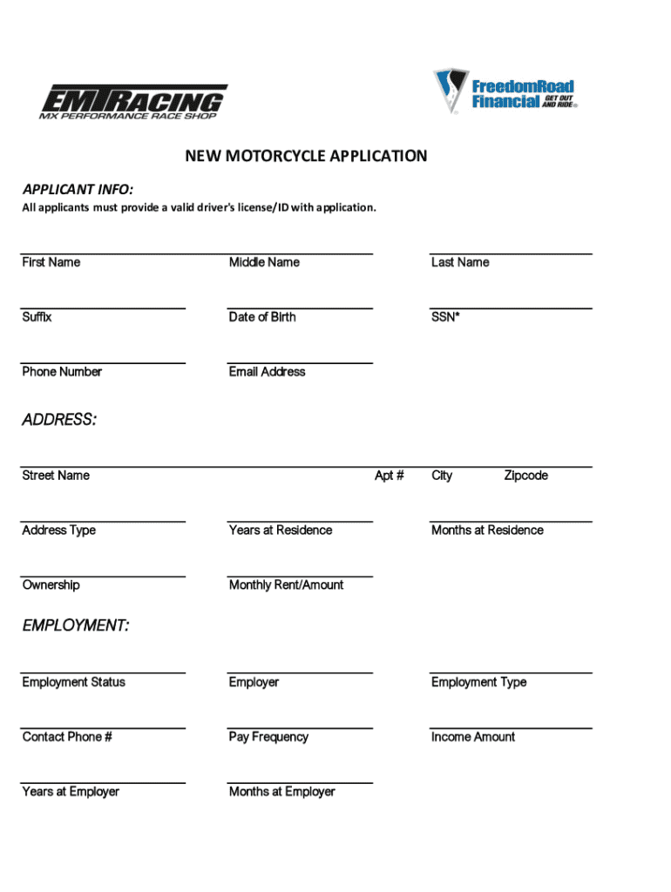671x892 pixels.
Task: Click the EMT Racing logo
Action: [x=133, y=101]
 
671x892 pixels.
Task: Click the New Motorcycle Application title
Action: [x=305, y=156]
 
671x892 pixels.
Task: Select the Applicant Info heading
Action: [x=78, y=189]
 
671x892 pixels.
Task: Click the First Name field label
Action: [x=51, y=262]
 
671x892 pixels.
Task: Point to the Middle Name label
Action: [x=264, y=262]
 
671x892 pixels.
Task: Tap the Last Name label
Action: [x=460, y=262]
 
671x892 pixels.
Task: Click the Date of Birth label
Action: [x=262, y=317]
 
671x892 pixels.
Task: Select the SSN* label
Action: [x=445, y=317]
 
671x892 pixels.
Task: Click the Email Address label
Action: [x=267, y=372]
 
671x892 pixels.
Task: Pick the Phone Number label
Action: [x=62, y=372]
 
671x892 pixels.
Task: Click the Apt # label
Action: [x=389, y=476]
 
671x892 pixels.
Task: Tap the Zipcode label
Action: [x=526, y=476]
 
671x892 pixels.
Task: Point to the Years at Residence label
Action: [x=281, y=530]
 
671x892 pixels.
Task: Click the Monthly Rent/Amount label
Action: [x=286, y=585]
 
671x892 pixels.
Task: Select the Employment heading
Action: [x=76, y=626]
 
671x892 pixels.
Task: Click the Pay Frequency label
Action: [x=268, y=737]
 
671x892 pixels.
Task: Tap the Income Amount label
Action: [x=473, y=737]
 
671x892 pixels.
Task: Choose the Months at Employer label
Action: [x=282, y=792]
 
